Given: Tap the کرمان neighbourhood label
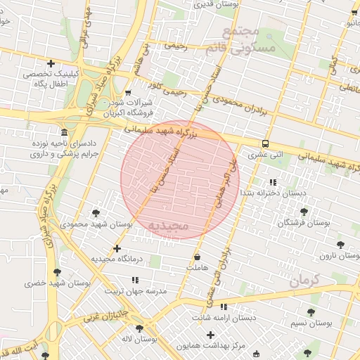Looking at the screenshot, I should pos(304,280).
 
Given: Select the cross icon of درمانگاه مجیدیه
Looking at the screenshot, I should pos(117,248).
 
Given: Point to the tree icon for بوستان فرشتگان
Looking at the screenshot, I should pos(304,211).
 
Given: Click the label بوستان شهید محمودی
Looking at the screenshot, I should pos(96,224).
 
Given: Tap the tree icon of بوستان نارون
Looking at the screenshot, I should pos(340,245).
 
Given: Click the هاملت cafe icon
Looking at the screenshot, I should pos(196,257).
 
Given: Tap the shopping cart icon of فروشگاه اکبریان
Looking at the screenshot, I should pos(127,92).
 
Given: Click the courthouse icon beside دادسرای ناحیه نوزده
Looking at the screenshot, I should pos(65,132).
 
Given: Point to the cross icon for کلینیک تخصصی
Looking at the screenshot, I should pos(50,64).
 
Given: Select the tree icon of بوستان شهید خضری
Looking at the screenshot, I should pos(57,272).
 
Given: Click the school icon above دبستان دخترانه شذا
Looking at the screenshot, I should pos(273,181).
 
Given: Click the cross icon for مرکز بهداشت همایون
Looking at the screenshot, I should pos(210,335).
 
